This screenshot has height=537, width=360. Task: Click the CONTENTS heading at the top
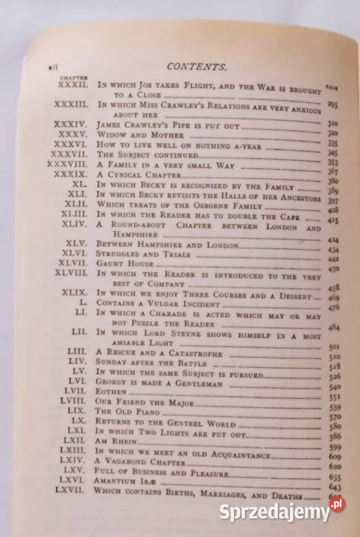[x=198, y=67]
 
